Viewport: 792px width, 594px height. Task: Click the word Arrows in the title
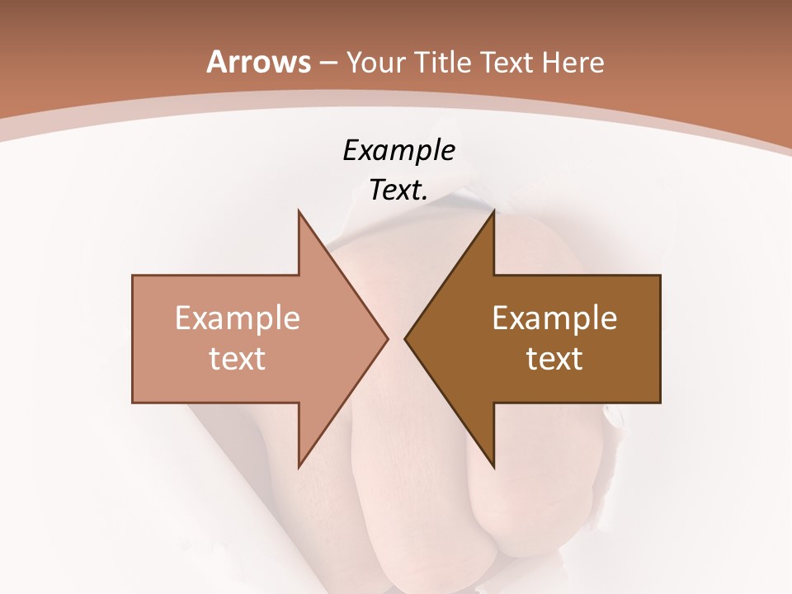click(x=259, y=62)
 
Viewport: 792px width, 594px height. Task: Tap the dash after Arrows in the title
click(x=328, y=63)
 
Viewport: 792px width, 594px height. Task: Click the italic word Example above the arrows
click(x=398, y=150)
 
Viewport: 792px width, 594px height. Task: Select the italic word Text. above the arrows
click(x=398, y=191)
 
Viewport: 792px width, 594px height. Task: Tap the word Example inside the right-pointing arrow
click(x=238, y=318)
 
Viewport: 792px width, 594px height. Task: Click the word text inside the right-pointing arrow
click(x=238, y=359)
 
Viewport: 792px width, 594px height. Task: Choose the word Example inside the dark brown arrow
click(x=554, y=318)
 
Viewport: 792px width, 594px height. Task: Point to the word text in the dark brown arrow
click(x=554, y=359)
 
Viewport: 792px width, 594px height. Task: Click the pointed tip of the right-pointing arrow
click(x=387, y=338)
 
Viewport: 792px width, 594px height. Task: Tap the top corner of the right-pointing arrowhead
click(x=299, y=211)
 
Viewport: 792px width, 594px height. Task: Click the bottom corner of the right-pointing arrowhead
click(x=299, y=466)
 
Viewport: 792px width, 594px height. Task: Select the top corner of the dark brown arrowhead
click(x=493, y=211)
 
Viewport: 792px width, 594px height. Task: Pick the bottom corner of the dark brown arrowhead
click(x=493, y=466)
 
